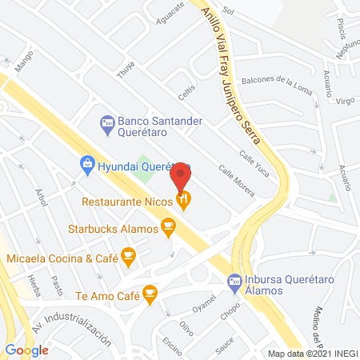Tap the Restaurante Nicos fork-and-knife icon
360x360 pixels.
tap(185, 202)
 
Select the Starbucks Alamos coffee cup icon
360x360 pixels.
tap(167, 229)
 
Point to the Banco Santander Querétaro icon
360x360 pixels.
tap(106, 122)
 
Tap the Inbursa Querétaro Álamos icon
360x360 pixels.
tap(234, 281)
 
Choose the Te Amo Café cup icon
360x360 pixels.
tap(149, 294)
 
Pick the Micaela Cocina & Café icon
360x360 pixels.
tap(128, 258)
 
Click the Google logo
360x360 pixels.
tap(26, 350)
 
